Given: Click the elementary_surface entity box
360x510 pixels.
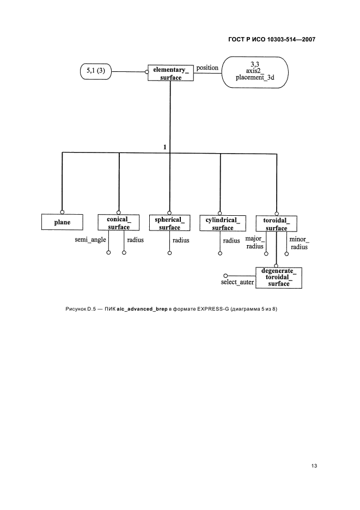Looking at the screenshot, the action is click(170, 73).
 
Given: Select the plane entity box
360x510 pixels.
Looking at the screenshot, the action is click(62, 222).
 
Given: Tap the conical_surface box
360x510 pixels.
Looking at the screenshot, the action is click(119, 223).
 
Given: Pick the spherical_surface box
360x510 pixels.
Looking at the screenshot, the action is click(169, 223).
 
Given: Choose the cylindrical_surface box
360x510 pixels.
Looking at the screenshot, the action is click(223, 223).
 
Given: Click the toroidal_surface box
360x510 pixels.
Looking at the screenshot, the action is click(277, 224).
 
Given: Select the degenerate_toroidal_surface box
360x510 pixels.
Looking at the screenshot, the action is click(279, 278).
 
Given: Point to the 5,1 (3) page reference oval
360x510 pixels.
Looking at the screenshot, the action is click(96, 71).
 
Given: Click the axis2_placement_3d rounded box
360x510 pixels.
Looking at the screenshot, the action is click(255, 72).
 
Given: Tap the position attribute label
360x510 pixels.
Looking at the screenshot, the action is click(207, 68).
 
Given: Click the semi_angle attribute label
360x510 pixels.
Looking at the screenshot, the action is click(90, 240).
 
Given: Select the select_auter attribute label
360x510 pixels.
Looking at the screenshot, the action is click(237, 282).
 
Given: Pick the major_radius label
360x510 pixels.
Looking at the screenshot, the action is click(255, 242).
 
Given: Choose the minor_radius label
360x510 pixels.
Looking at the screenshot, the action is click(299, 243).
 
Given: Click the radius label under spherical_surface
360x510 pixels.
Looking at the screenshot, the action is click(181, 240).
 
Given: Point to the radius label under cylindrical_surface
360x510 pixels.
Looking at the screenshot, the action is click(231, 241).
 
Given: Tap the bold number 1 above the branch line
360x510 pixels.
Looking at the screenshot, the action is click(165, 147).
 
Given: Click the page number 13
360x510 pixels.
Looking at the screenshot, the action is click(314, 466).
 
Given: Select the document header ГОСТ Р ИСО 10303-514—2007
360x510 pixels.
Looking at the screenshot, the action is click(272, 39).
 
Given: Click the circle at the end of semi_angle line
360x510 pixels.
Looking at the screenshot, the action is click(108, 253).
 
